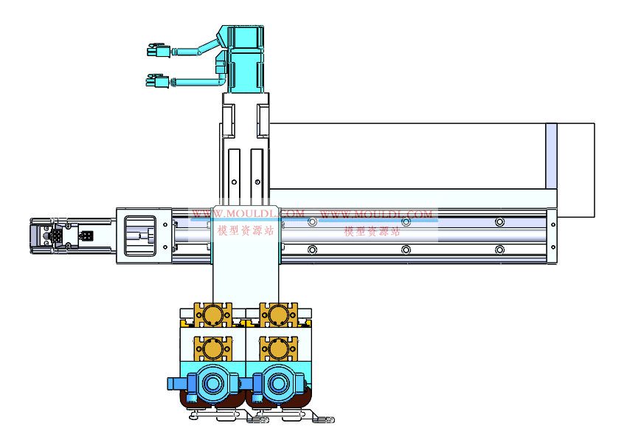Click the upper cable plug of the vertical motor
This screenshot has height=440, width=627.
(x=159, y=50)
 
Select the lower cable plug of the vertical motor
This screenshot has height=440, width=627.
(x=157, y=81)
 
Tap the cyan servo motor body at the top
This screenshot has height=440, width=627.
(x=246, y=59)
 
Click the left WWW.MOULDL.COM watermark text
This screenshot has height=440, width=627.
(x=248, y=213)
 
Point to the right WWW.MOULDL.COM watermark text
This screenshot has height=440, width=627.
(x=376, y=214)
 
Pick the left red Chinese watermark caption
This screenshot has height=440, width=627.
(x=246, y=230)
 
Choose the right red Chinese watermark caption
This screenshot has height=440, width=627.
(x=372, y=231)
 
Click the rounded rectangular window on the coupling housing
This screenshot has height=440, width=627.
(x=140, y=236)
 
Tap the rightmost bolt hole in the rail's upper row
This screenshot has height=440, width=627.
(x=499, y=221)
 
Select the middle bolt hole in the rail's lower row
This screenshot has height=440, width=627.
(x=406, y=250)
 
